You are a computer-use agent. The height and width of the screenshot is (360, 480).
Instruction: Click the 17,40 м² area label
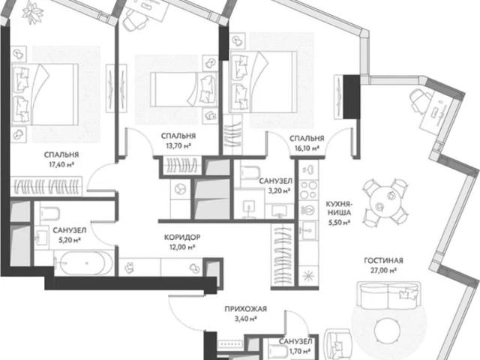point(61,165)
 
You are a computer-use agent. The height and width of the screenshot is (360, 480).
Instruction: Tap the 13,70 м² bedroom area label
point(178,145)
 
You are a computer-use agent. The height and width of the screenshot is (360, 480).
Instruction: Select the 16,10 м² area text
point(307,148)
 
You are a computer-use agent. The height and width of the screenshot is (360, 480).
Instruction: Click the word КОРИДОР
point(182,237)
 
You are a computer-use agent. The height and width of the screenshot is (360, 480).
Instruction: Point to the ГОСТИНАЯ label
point(383,260)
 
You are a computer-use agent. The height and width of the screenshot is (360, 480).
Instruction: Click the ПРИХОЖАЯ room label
point(246,309)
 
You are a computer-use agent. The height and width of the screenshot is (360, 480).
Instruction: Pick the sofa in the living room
point(389,295)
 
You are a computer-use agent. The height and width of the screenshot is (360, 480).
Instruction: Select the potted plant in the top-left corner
point(33,12)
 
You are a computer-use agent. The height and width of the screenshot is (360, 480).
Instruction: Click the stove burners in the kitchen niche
point(308,190)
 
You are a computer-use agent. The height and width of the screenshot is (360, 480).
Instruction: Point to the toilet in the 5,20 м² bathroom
point(49,213)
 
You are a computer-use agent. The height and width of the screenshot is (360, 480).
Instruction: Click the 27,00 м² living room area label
point(384,271)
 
